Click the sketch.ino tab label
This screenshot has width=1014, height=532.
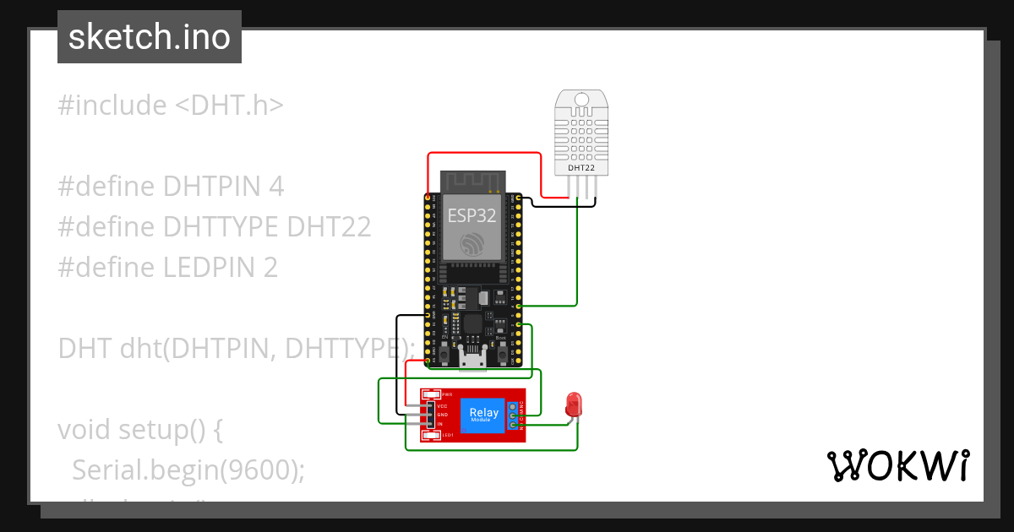coord(150,37)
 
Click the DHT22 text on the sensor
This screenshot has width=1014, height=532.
coord(581,168)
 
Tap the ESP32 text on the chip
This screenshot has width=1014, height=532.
coord(472,215)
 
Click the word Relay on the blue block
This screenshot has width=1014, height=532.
coord(483,412)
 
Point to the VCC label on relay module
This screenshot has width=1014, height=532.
coord(442,406)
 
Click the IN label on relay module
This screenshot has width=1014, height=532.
coord(440,423)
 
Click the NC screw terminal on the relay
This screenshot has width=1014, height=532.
coord(514,407)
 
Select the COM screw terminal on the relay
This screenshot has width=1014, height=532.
coord(514,415)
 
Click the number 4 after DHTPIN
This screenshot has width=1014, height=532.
coord(275,187)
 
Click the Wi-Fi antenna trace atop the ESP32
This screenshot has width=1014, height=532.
coord(472,180)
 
